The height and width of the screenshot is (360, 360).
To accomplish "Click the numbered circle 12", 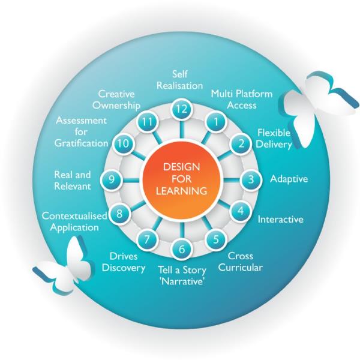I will click(x=180, y=109).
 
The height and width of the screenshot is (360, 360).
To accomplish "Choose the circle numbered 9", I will click(x=110, y=178).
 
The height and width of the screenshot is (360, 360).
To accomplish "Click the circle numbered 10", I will click(x=122, y=143).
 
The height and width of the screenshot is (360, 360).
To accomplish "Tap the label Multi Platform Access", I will click(x=241, y=100).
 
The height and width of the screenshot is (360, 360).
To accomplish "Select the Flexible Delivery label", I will click(x=274, y=138).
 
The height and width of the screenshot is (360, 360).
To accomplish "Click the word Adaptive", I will click(x=289, y=179).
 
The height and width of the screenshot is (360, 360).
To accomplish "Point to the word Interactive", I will click(x=280, y=219).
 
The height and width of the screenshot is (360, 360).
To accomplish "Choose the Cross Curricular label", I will click(x=240, y=262).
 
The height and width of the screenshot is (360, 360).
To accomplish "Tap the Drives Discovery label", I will click(x=124, y=262).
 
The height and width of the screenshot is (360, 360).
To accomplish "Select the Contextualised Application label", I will click(x=74, y=221).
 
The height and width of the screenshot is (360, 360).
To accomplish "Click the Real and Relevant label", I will click(x=72, y=180).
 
